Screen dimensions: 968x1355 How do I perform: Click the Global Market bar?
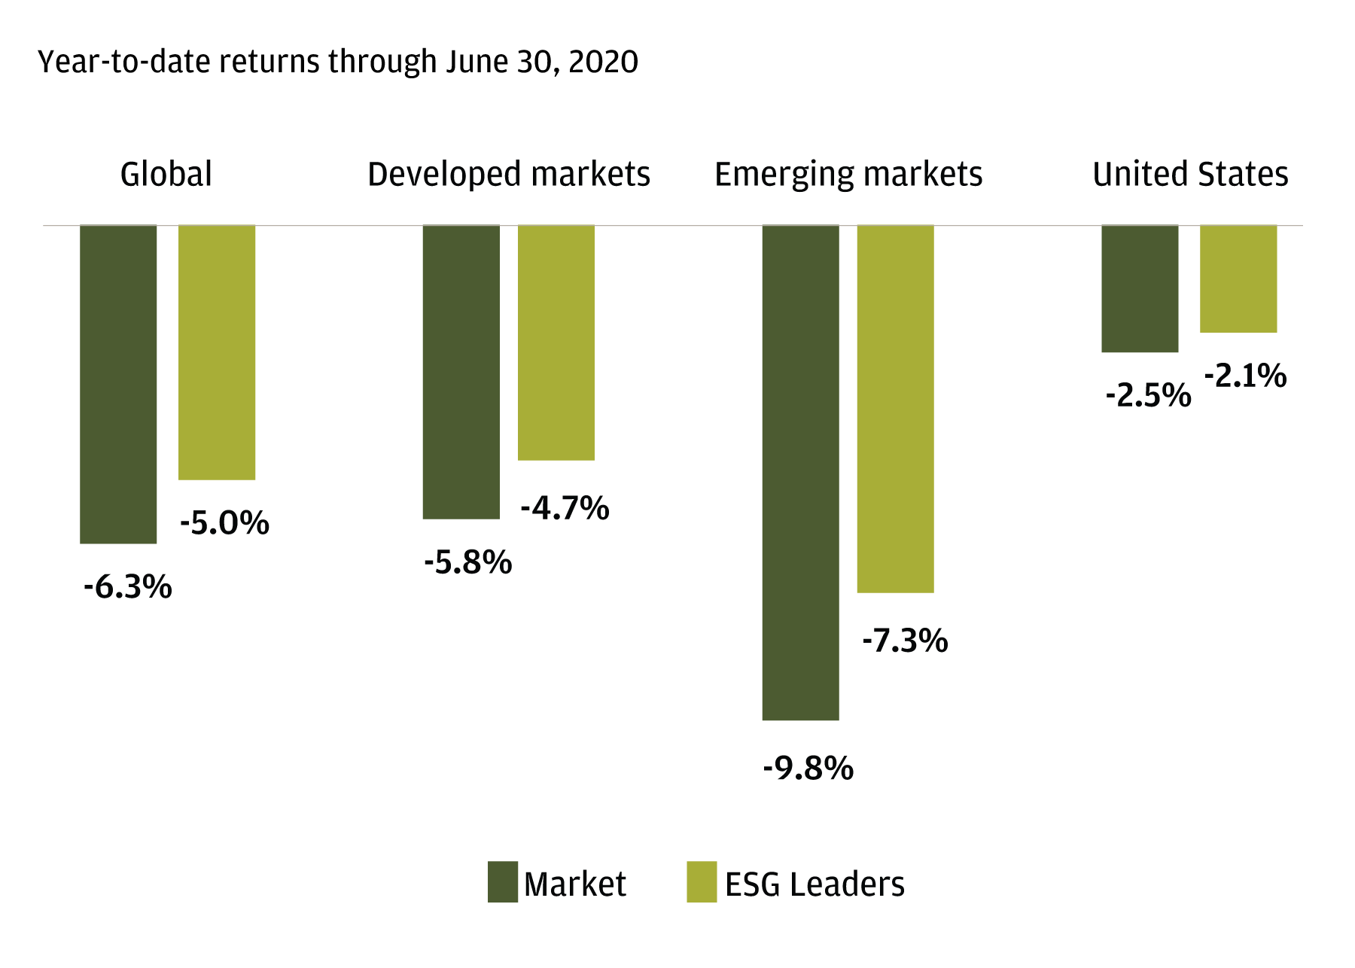click(x=118, y=384)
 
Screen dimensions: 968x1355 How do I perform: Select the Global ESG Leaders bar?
click(x=217, y=352)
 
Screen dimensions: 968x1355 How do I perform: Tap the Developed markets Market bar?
click(x=461, y=372)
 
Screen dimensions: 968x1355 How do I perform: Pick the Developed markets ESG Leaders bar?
click(x=556, y=342)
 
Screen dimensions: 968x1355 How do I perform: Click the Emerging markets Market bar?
click(x=800, y=473)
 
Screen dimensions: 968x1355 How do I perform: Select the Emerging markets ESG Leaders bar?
click(x=896, y=409)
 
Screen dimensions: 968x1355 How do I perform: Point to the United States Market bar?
click(x=1140, y=288)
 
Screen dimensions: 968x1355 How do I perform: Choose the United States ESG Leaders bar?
click(x=1238, y=279)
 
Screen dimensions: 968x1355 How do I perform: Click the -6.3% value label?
click(x=128, y=587)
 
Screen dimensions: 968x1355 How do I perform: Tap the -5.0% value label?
click(x=224, y=523)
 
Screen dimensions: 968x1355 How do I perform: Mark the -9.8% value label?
click(x=808, y=769)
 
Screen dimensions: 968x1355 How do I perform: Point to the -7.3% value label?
click(x=905, y=641)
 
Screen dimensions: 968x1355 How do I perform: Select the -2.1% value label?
click(x=1246, y=376)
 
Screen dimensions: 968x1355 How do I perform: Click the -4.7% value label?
click(x=565, y=508)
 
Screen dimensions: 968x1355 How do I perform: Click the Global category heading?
click(x=166, y=175)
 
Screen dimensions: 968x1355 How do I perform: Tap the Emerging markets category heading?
click(x=848, y=175)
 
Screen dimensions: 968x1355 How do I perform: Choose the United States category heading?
click(x=1190, y=175)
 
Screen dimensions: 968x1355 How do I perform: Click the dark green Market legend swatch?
click(x=503, y=882)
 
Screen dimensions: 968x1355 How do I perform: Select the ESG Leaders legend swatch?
click(x=702, y=882)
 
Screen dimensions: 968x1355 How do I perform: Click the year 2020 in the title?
click(x=603, y=62)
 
